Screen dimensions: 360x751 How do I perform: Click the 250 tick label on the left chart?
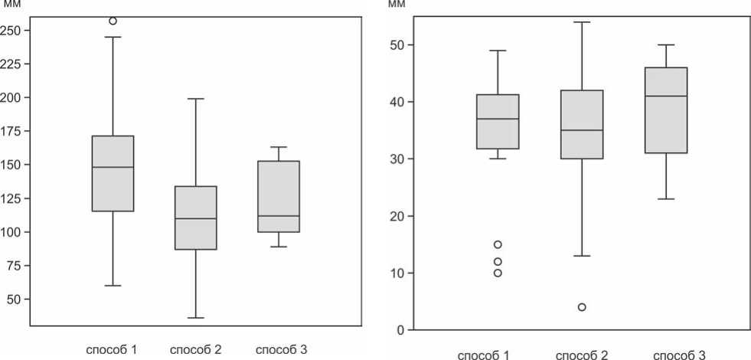[14, 31]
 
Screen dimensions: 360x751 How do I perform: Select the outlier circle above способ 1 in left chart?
[113, 21]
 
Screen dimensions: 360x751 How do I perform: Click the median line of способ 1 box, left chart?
[113, 167]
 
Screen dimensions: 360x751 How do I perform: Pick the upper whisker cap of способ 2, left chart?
[196, 99]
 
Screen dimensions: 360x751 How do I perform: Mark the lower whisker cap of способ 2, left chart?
[196, 318]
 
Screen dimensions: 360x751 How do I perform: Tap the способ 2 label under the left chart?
[196, 349]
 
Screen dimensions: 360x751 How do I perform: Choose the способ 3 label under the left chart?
[281, 349]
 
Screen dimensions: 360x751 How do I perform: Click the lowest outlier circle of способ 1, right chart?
[498, 273]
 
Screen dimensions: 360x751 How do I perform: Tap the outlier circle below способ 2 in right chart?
[582, 307]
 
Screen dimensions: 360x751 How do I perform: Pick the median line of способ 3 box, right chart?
[666, 96]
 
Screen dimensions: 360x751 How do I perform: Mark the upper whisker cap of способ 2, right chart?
[582, 22]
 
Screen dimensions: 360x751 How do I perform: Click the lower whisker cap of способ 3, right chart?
[666, 199]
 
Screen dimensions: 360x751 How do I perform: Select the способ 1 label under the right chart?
[485, 355]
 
